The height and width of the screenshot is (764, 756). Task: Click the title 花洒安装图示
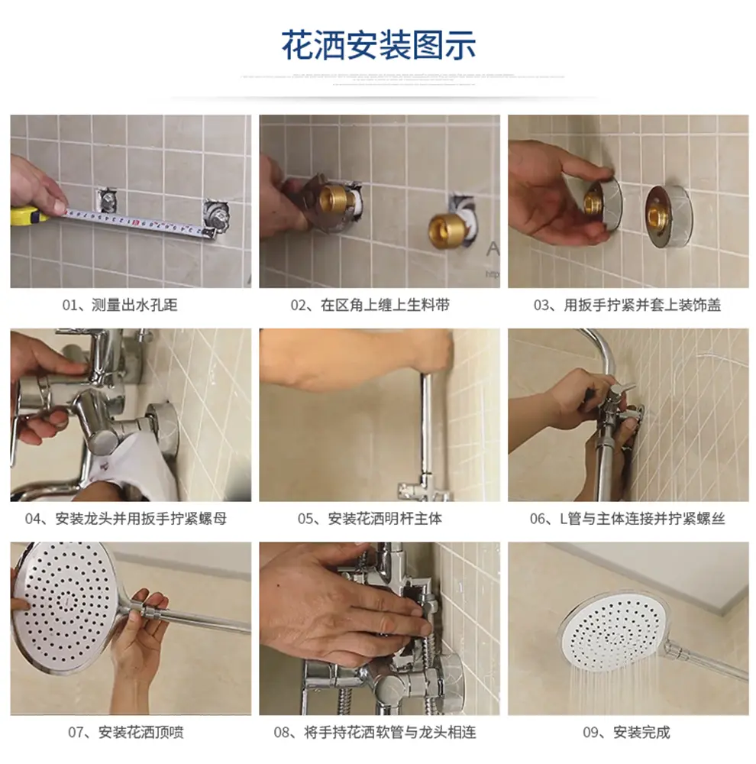tap(379, 45)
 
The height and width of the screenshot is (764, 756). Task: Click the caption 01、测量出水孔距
tap(120, 306)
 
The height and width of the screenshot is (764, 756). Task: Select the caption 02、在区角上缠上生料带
tap(370, 306)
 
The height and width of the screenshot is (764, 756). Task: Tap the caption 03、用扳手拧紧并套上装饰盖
tap(627, 306)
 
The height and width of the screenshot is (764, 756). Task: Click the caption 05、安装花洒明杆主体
tap(370, 519)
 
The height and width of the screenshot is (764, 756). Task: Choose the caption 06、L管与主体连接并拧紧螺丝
tap(627, 519)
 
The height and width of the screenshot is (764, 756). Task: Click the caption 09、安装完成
tap(626, 732)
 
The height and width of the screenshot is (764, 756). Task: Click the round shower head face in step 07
tap(65, 604)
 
